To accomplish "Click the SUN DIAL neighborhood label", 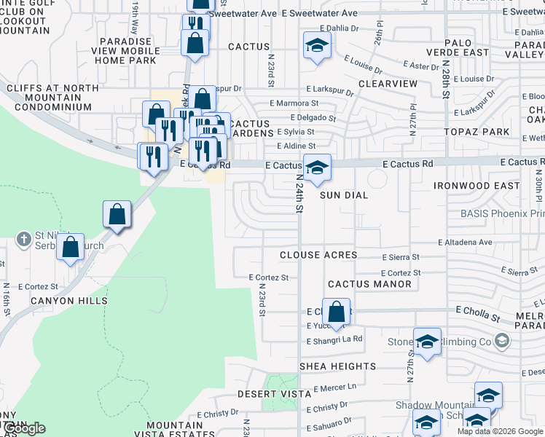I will point(343,195).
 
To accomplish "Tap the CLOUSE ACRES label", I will point(318,255).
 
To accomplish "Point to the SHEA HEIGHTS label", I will point(337,366).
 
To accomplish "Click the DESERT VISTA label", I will point(275,394).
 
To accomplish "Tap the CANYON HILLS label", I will point(68,300).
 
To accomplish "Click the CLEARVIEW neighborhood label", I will point(388,84).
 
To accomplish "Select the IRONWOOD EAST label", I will point(477,186).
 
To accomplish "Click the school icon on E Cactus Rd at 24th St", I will point(317,168).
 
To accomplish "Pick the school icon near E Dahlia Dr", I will point(317,47).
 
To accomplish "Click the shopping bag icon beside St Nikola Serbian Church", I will point(70,248).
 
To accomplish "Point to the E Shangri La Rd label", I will point(334,340).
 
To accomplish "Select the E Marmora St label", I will point(294,104).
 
